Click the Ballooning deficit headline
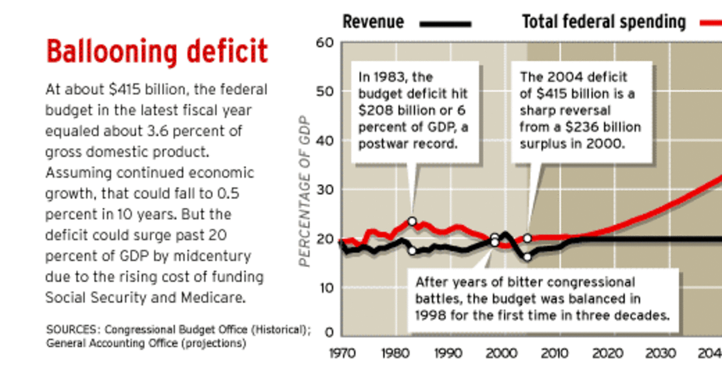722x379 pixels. coord(156,52)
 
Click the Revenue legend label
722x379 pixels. coord(373,23)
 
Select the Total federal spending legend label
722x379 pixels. coord(603,23)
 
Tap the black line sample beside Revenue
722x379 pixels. coord(445,24)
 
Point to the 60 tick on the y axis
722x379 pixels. coord(324,43)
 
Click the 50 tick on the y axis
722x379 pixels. coord(324,91)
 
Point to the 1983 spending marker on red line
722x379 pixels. coord(412,221)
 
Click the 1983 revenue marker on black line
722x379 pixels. coord(412,250)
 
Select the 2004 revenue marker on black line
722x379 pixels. coord(527,257)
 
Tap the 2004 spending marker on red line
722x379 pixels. coord(527,238)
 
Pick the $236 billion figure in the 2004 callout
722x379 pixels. coord(597,128)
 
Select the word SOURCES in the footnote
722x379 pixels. coord(67,330)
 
